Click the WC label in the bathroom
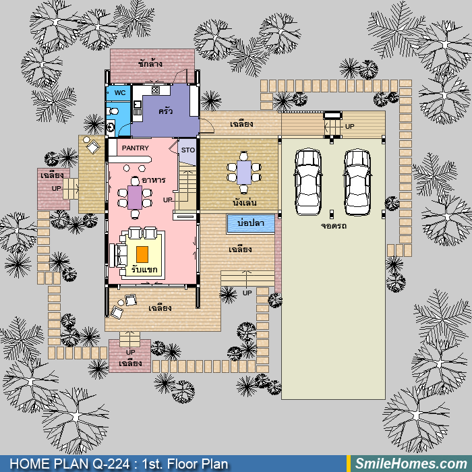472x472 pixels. [120, 93]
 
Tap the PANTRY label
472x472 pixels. [135, 148]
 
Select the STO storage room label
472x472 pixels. [188, 150]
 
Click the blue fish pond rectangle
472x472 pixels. [251, 224]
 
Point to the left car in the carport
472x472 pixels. [308, 182]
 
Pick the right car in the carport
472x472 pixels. [357, 182]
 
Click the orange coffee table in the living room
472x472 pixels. [142, 254]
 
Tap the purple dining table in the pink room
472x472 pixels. [135, 198]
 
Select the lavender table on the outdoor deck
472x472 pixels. [244, 173]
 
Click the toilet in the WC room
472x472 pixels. [113, 111]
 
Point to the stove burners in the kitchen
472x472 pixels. [156, 90]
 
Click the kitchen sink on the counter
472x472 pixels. [138, 105]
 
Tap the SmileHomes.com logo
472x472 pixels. [411, 464]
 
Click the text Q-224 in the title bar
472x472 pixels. [111, 464]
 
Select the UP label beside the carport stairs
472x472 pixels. [349, 127]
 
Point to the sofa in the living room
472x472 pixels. [117, 256]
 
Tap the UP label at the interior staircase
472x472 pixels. [168, 200]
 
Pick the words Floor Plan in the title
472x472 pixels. [197, 464]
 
